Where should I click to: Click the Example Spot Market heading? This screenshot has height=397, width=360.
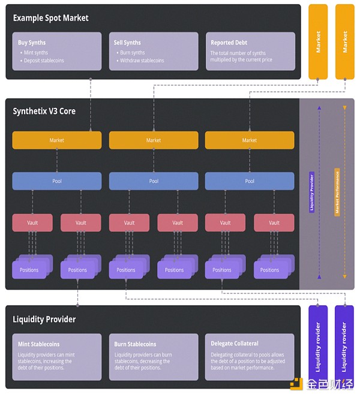50,18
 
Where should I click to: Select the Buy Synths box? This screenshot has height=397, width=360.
57,52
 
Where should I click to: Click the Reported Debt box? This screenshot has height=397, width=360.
250,52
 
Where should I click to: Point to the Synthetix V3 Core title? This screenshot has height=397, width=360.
44,111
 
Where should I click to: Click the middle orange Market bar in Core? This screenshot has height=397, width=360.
154,140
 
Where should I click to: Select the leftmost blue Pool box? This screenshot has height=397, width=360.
57,181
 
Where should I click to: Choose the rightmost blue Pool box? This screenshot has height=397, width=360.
250,181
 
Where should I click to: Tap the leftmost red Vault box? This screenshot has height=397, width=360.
32,222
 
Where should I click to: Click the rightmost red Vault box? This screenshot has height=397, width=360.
274,222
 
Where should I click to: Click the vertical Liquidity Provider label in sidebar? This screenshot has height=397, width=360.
311,192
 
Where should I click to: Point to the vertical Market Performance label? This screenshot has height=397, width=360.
337,192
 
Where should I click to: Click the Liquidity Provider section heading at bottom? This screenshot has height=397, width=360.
44,320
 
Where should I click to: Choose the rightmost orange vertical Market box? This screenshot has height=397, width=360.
344,41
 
